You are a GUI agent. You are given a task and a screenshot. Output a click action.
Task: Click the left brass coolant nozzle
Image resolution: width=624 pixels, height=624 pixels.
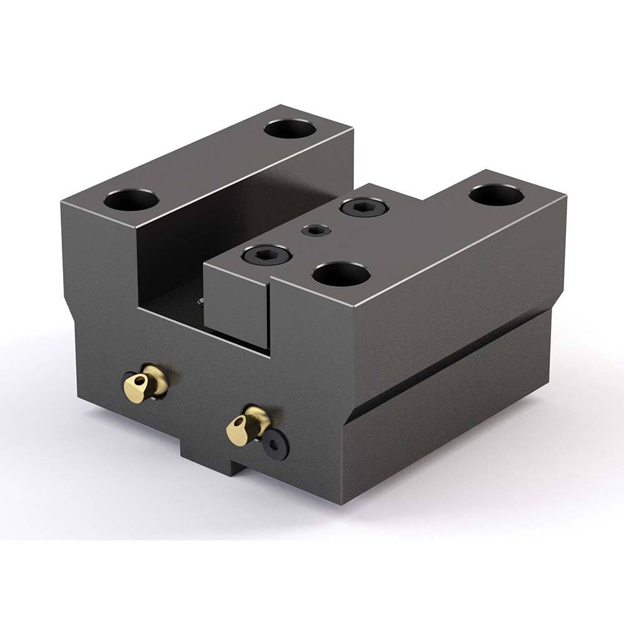click(145, 383)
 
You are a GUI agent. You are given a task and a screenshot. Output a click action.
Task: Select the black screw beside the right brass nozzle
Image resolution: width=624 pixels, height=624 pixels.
click(275, 444)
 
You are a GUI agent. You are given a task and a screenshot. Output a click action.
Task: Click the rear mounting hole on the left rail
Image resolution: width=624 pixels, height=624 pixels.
click(288, 129)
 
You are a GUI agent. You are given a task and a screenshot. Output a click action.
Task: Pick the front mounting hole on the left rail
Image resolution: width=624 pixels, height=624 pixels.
click(131, 200)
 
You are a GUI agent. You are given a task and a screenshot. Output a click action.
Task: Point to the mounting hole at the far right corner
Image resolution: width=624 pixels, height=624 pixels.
click(496, 195)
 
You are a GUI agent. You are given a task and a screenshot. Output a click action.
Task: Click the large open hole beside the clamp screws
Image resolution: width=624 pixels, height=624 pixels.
click(341, 273)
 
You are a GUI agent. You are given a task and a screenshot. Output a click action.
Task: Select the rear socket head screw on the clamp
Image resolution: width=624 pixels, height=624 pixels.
click(363, 207)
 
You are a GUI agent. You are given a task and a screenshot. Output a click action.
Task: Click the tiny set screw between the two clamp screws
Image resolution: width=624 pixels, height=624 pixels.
click(316, 232)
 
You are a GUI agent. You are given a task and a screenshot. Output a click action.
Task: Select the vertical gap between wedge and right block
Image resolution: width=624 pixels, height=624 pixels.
click(270, 318)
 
